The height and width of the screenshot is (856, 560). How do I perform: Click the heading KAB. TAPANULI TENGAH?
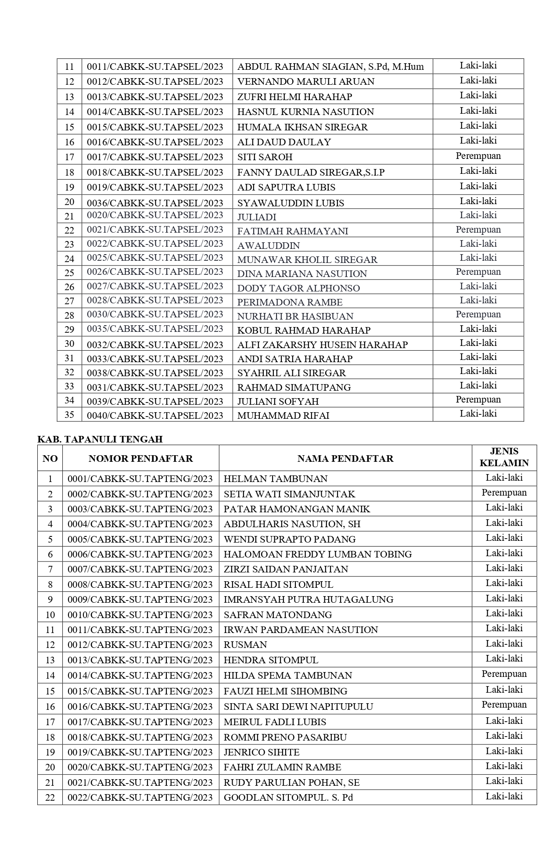click(x=100, y=439)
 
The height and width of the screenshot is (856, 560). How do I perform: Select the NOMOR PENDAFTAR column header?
click(x=140, y=458)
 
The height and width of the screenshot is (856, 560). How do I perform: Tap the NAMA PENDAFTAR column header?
click(x=345, y=458)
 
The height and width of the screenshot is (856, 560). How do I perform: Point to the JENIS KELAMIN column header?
click(x=504, y=457)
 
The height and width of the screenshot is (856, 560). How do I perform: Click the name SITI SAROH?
click(x=265, y=157)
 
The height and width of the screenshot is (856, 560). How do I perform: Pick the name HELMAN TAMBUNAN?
click(x=276, y=478)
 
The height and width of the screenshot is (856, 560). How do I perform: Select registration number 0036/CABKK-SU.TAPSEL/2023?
click(x=155, y=203)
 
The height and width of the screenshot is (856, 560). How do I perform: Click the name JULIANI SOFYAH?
click(x=278, y=401)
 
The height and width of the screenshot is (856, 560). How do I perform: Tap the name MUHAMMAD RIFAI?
click(x=283, y=415)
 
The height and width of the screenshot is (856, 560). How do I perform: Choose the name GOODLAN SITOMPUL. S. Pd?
click(x=288, y=797)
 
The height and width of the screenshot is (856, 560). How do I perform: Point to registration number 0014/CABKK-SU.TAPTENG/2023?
click(x=140, y=675)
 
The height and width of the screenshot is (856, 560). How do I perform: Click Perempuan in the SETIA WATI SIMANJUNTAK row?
click(x=504, y=493)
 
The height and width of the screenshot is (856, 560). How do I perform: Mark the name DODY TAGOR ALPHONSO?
click(x=298, y=288)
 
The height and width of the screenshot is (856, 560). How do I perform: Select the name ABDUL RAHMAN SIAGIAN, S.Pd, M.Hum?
click(x=330, y=67)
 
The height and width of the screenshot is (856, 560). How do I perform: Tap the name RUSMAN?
click(x=245, y=644)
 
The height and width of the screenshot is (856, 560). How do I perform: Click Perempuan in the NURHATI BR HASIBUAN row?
click(x=478, y=314)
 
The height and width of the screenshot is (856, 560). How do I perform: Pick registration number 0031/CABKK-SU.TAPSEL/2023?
click(x=155, y=387)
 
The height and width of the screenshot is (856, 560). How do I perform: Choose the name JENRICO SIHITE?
click(x=262, y=752)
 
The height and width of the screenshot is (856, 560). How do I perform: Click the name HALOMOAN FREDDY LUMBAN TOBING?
click(x=318, y=554)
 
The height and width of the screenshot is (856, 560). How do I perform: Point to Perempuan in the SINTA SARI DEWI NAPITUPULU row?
click(x=504, y=705)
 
